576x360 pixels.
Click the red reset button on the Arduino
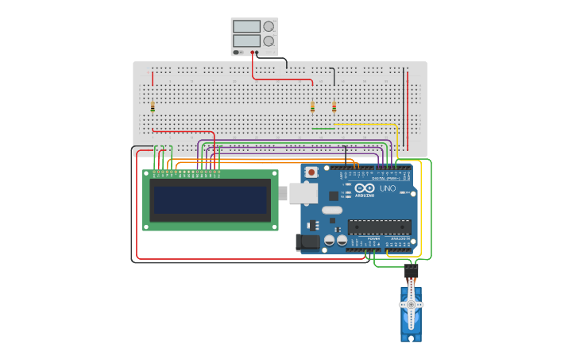pos(311,172)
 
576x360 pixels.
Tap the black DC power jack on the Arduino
pos(307,242)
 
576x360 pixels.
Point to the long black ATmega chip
pos(379,226)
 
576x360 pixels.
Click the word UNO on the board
pos(388,188)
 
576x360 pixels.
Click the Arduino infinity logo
pos(368,189)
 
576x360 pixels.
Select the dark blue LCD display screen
pos(211,200)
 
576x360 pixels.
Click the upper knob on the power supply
pos(268,25)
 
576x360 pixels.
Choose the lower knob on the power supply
pos(268,41)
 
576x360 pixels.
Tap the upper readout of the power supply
pos(245,26)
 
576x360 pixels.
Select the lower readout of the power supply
pos(245,41)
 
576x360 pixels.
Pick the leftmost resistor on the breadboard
pos(153,107)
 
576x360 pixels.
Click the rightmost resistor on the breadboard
pos(334,107)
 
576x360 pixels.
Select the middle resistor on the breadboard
pos(312,107)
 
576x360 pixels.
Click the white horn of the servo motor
pos(411,305)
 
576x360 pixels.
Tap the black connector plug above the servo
pos(411,271)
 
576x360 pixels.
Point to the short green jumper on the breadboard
pos(323,128)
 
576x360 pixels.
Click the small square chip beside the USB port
pos(333,195)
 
